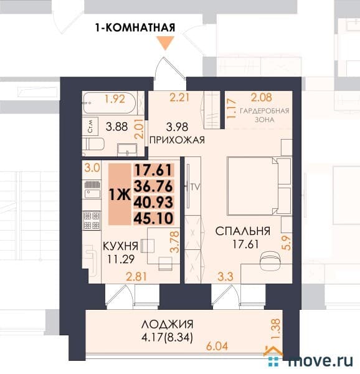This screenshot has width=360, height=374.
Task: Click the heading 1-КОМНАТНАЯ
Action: pos(135,27)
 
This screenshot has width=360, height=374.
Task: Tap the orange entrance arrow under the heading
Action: pos(165,43)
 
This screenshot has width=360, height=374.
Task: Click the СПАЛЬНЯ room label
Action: pos(243,231)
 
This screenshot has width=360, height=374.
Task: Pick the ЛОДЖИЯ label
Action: pos(167,324)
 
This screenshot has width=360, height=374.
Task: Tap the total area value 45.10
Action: pos(153,218)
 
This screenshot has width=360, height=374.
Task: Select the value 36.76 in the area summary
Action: pos(153,186)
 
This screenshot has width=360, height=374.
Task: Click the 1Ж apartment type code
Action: pos(120,194)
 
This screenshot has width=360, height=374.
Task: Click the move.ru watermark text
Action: pos(321,359)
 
